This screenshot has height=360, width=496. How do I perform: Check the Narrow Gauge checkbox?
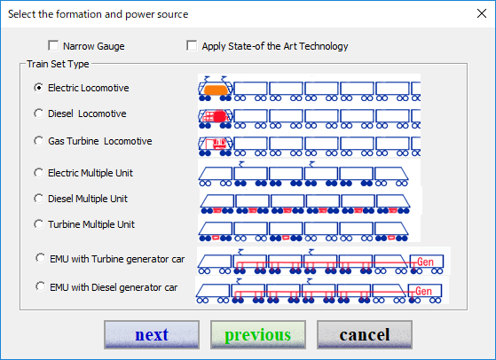[x=53, y=45]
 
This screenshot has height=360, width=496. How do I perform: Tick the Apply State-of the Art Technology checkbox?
[x=192, y=45]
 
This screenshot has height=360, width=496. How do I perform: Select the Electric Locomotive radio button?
[x=38, y=88]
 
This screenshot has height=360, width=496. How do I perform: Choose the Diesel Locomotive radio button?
[x=38, y=113]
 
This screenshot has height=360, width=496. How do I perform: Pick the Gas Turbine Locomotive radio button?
[x=38, y=141]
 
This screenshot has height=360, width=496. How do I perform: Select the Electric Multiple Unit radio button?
[x=38, y=173]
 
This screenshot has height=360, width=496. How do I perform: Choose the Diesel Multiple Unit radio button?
[x=38, y=199]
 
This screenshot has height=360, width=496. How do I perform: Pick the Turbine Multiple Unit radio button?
[x=38, y=224]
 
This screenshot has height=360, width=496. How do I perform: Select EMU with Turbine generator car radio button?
[x=41, y=258]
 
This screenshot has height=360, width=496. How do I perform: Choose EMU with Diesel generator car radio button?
[x=41, y=286]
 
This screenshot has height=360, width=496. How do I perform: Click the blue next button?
[x=152, y=334]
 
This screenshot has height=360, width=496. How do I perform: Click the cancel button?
[x=365, y=334]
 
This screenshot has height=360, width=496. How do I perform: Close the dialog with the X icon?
[x=482, y=13]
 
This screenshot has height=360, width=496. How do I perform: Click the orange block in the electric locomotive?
[x=216, y=90]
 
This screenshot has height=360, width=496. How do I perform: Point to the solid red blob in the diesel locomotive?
[x=219, y=116]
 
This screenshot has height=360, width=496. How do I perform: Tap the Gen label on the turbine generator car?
[x=425, y=262]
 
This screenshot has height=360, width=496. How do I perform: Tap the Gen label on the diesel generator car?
[x=423, y=291]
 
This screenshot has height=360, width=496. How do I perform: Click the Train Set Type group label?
[x=58, y=64]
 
